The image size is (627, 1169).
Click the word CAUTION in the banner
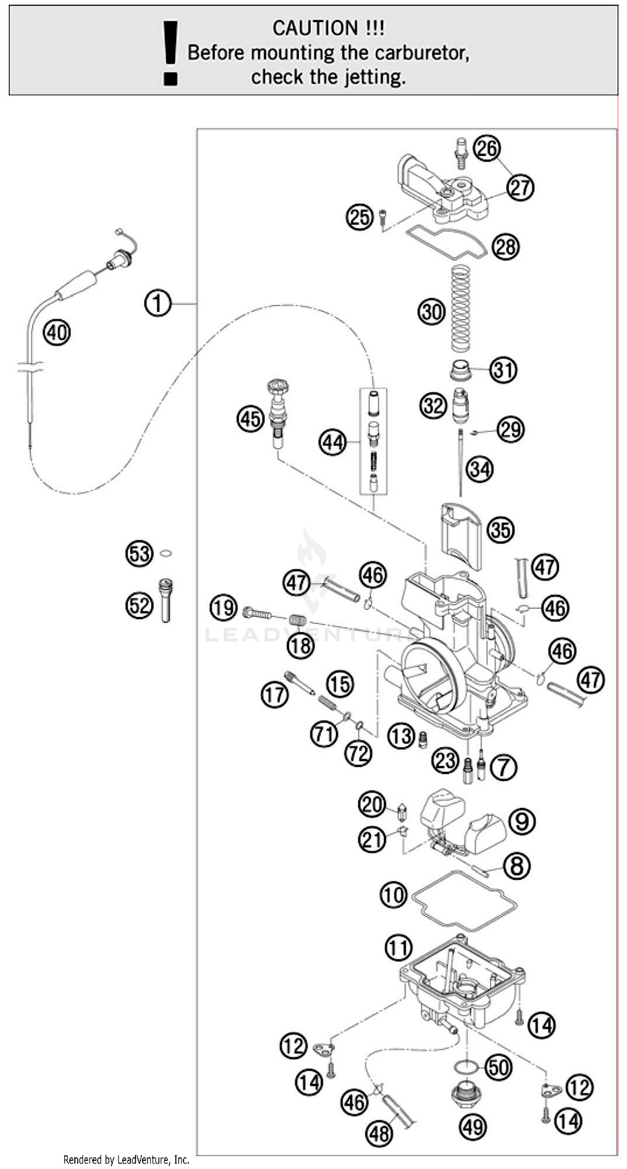point(314,28)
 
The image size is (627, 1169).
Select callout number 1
point(158,303)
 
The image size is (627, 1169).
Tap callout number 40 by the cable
point(56,333)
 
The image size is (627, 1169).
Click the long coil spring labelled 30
point(460,308)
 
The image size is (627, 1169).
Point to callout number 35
point(500,530)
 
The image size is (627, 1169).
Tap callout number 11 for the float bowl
point(398,948)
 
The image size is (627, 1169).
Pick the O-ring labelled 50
point(466,1067)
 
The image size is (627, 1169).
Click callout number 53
point(139,554)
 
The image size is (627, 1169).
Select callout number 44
point(333,443)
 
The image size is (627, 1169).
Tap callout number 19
point(223,607)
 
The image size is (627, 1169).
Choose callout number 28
point(505,247)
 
